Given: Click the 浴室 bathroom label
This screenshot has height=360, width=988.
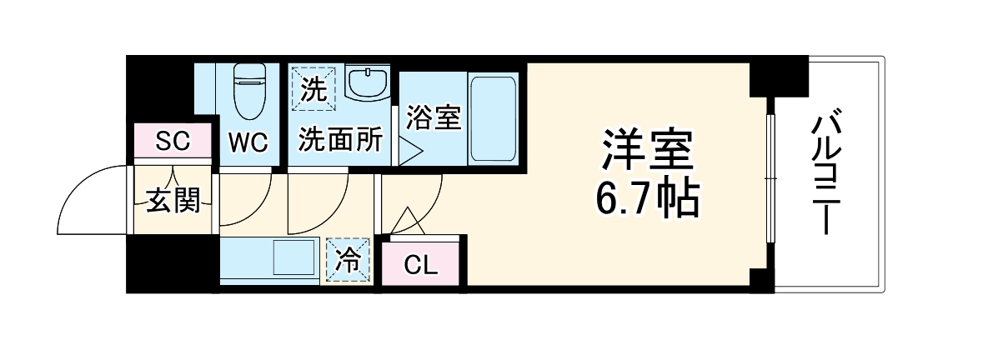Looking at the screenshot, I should pyautogui.click(x=433, y=117).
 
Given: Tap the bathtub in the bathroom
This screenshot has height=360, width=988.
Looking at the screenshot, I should pyautogui.click(x=493, y=117).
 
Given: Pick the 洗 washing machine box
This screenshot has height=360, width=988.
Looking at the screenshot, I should pyautogui.click(x=312, y=88).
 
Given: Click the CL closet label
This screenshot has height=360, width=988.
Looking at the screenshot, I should pyautogui.click(x=420, y=265).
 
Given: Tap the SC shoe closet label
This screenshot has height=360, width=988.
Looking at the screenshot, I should pyautogui.click(x=173, y=142).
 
